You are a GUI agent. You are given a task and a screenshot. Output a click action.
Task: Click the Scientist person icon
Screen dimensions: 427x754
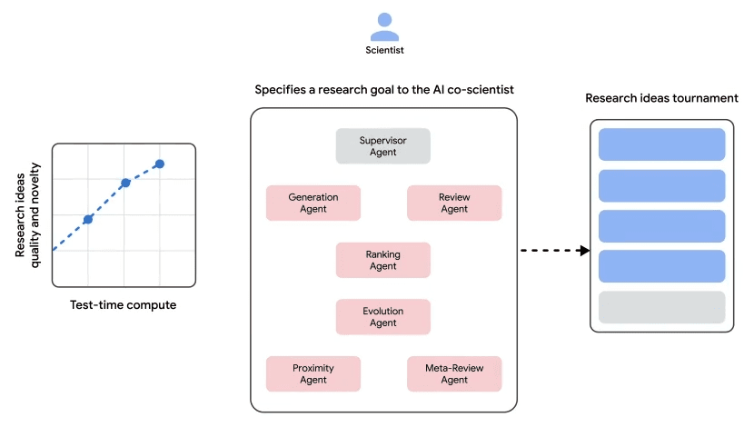click(384, 25)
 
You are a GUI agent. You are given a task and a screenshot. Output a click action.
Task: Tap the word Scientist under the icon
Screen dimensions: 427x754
click(384, 52)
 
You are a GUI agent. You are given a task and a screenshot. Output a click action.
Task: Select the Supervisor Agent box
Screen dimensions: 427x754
click(382, 146)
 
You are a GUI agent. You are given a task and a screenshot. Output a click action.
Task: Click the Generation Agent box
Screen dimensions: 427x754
click(313, 203)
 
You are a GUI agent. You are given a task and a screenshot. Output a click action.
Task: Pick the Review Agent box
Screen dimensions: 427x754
click(453, 203)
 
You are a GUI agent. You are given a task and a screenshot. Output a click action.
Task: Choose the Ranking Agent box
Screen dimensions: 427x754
click(382, 260)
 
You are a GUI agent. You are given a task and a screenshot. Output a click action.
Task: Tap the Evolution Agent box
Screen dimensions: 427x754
click(382, 317)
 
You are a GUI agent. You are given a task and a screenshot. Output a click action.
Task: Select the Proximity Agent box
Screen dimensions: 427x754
click(313, 373)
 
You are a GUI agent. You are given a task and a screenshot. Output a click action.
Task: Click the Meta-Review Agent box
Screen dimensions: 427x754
click(453, 373)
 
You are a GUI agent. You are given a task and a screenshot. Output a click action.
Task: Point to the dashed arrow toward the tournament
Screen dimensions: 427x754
click(555, 250)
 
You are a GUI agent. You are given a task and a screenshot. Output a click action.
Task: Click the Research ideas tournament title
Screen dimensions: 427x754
click(661, 98)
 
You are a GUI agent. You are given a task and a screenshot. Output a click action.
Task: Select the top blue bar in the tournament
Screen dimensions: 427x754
click(661, 144)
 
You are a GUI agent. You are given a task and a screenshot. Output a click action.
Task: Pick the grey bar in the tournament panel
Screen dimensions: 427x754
click(661, 307)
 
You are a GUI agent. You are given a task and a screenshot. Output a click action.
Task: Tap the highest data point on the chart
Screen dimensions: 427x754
click(159, 164)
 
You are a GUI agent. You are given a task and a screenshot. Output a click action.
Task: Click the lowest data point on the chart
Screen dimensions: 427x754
click(88, 219)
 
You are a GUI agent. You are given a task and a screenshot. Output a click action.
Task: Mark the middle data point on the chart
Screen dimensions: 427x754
click(125, 183)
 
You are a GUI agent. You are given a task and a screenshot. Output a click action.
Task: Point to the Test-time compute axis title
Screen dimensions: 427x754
click(123, 305)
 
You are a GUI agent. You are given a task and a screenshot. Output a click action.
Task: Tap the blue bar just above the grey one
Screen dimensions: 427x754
click(661, 266)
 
